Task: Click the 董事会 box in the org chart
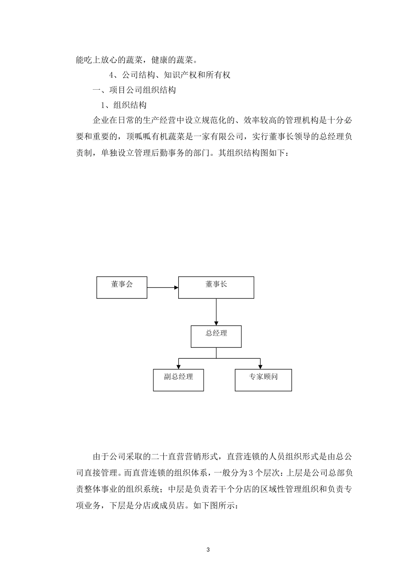coord(122,287)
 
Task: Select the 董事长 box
coord(216,287)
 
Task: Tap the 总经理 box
coord(216,336)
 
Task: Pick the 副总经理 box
coord(178,380)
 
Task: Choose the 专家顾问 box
coord(263,380)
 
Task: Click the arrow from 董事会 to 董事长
coord(162,287)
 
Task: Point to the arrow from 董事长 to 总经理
coord(216,312)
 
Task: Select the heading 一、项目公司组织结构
coord(134,90)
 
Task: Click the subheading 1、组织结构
coord(123,105)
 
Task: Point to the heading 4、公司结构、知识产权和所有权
coord(169,75)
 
